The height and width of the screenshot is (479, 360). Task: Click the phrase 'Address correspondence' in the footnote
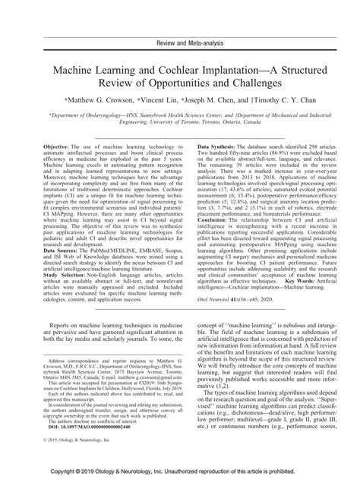70,357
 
